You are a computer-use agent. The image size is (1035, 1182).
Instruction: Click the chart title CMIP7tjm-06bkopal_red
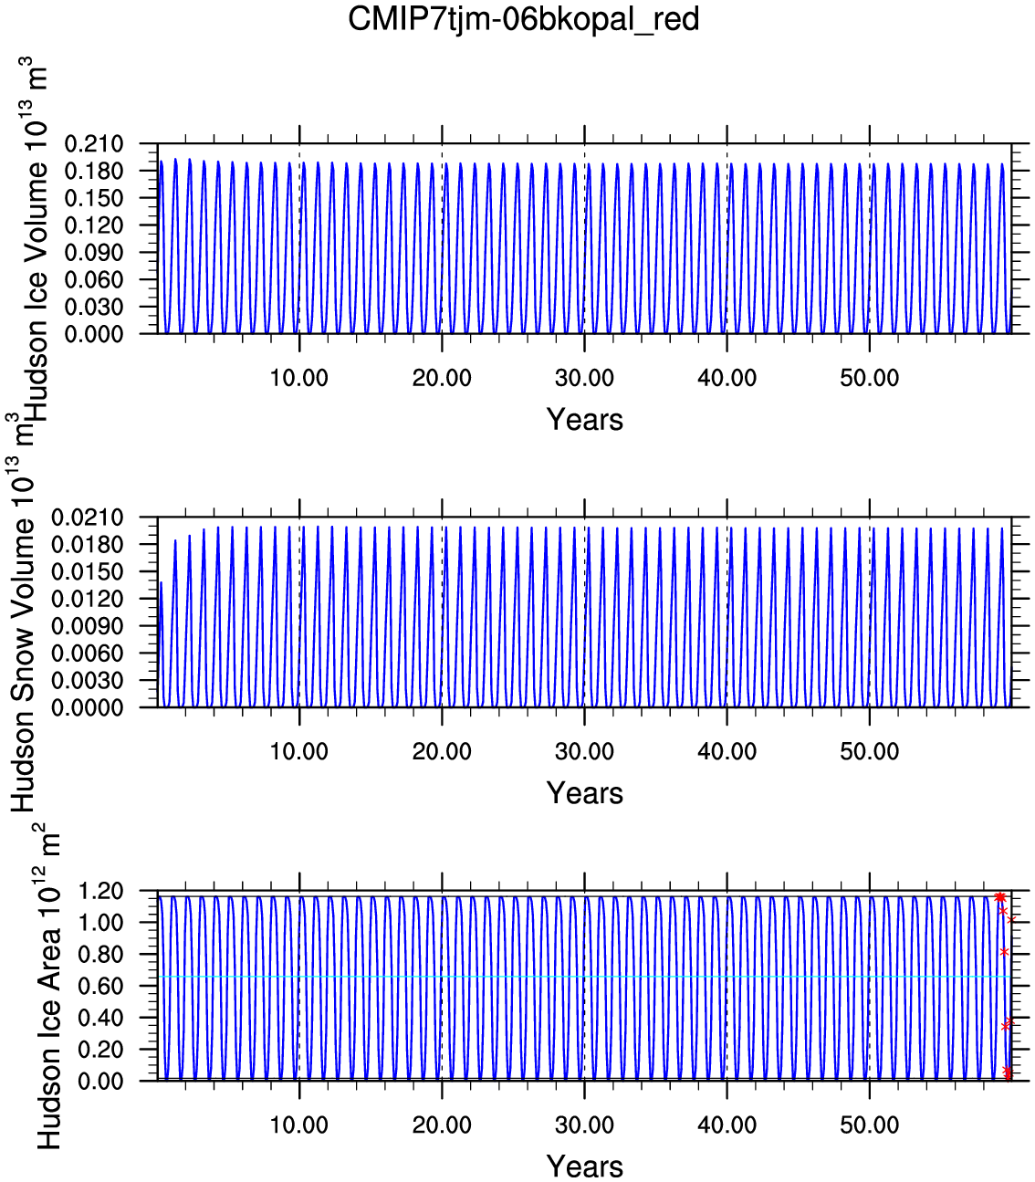(523, 20)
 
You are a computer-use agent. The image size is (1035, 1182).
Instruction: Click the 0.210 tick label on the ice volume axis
(94, 144)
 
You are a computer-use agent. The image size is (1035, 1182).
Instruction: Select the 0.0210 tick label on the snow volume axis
(88, 518)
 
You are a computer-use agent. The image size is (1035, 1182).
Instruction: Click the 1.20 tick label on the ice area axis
(100, 891)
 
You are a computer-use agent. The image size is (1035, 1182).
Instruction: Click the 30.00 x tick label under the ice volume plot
(584, 379)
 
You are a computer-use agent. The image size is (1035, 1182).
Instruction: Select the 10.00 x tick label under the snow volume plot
(299, 751)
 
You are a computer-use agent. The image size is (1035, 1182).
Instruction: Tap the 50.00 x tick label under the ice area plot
(869, 1124)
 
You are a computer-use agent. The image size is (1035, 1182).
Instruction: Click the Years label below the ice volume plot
(584, 420)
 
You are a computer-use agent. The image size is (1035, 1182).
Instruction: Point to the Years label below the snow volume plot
(584, 792)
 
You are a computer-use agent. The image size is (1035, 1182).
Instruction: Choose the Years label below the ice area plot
(584, 1166)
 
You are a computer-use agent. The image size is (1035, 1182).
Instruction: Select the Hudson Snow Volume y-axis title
(22, 612)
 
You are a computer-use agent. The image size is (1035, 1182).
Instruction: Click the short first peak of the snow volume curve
(162, 582)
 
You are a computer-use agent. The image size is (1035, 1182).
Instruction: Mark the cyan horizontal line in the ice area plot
(584, 977)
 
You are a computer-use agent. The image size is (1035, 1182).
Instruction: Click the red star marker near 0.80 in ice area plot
(1004, 951)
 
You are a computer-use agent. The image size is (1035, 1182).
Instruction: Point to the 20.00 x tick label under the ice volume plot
(442, 379)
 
